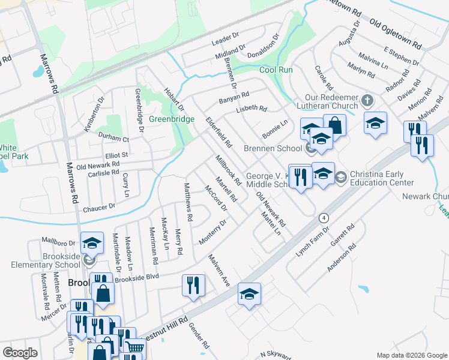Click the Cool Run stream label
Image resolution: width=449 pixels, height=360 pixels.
(x=276, y=70)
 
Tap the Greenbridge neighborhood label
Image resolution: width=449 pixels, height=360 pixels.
(x=172, y=119)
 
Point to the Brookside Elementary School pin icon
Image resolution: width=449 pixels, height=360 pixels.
(x=89, y=260)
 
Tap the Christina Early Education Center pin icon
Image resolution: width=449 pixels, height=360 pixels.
(x=340, y=177)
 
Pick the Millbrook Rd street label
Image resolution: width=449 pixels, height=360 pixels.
(x=228, y=170)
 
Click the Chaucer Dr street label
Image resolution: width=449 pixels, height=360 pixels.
(x=99, y=207)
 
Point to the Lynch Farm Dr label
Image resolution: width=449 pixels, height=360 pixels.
(x=313, y=242)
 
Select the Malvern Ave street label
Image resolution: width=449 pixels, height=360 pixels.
(x=219, y=270)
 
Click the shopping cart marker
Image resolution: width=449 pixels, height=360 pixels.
(x=134, y=347)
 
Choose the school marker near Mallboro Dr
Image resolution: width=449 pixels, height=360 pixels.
(x=92, y=242)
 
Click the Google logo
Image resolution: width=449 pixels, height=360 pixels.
(x=20, y=353)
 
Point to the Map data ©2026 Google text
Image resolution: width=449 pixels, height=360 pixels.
(x=411, y=355)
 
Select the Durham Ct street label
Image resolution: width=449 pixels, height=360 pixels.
(x=109, y=137)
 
